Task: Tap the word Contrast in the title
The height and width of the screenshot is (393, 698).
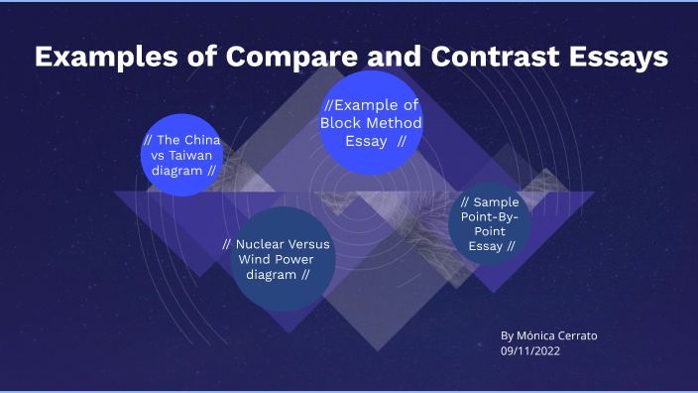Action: pos(502,58)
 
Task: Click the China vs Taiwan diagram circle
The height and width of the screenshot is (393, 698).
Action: pos(182,155)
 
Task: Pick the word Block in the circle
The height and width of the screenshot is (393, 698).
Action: pos(342,123)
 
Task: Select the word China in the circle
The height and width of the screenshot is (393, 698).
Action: pos(202,140)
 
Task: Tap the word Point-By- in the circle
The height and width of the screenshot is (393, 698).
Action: pos(489,216)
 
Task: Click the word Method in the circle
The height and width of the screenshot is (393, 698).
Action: pos(396,123)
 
